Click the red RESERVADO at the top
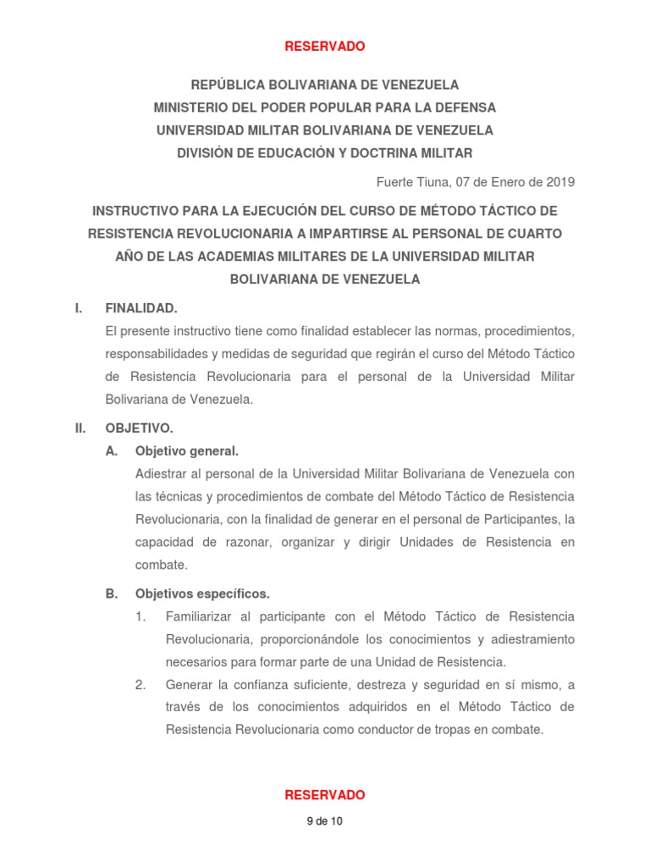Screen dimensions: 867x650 pos(324,47)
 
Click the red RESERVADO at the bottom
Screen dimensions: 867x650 pos(324,795)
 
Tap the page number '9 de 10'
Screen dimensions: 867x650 pos(324,821)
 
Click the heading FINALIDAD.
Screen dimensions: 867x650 pos(140,308)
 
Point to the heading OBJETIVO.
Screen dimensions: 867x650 pos(139,428)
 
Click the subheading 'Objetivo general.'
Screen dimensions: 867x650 pos(186,450)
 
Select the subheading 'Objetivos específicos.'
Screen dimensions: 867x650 pos(202,594)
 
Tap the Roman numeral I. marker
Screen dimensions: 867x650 pos(79,308)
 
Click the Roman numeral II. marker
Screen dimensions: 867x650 pos(80,428)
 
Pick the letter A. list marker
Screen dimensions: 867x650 pos(111,450)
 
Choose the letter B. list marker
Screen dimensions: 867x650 pos(111,594)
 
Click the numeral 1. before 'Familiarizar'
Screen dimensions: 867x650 pos(140,616)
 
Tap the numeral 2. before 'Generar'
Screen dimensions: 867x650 pos(140,684)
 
